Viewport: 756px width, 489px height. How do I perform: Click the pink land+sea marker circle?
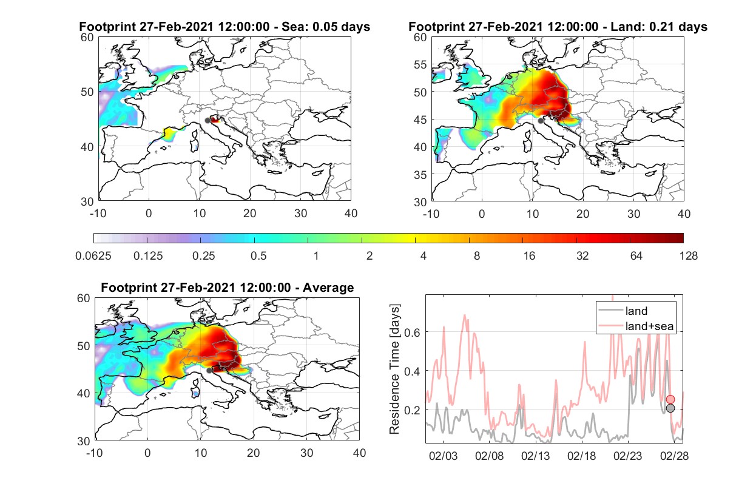coord(670,400)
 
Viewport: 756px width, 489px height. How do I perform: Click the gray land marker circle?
coord(670,408)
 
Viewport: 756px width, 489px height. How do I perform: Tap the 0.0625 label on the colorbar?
coord(93,256)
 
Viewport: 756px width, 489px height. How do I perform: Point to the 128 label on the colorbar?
coord(689,256)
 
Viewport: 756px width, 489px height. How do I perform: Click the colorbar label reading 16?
coord(529,256)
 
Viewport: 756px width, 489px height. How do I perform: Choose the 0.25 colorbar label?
coord(203,256)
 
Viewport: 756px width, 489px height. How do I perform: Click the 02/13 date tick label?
coord(536,456)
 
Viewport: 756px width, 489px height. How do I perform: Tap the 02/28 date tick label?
coord(674,456)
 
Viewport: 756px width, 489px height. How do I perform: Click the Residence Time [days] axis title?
coord(394,369)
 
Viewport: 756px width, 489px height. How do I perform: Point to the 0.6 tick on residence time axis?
coord(412,332)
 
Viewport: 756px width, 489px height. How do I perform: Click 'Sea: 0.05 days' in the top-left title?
coord(326,27)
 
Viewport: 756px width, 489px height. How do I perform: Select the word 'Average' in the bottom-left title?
coord(328,288)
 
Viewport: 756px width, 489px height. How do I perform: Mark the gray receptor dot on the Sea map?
coord(208,121)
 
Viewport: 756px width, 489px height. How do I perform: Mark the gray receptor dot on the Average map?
coord(209,371)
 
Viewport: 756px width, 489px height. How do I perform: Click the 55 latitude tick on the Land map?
coord(420,64)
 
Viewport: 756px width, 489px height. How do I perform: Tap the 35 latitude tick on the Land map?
coord(420,175)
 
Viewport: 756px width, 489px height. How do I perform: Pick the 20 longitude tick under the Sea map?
coord(250,214)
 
